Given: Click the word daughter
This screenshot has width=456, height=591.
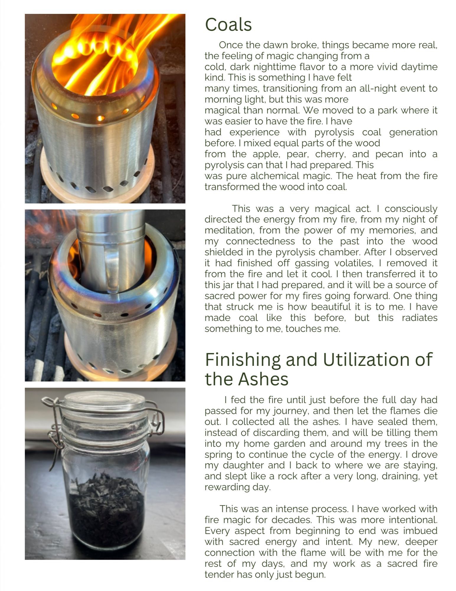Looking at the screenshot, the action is [243, 465].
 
